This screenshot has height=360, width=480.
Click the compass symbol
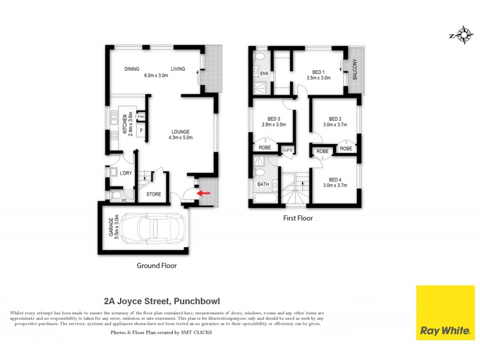pos(463,35)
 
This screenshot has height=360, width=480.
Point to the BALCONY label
pos(355,70)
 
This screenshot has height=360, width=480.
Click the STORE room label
pos(154,194)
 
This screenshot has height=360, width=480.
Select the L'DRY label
pos(125,173)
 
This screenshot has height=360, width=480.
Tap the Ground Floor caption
pos(156,265)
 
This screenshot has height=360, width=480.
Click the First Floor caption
pos(298,218)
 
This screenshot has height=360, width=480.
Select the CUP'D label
pos(287,150)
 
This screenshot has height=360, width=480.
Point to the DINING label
pos(132,69)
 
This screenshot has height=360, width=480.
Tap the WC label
pos(124,200)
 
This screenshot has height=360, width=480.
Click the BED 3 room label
pos(274,118)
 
